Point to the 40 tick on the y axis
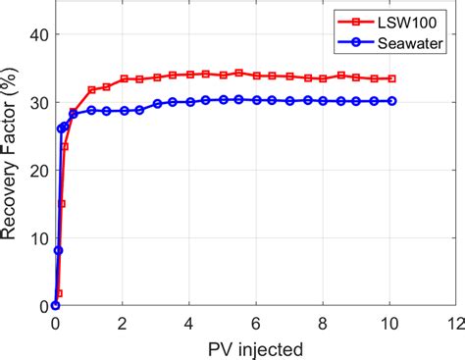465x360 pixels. click(x=35, y=34)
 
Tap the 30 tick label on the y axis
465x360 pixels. click(x=35, y=102)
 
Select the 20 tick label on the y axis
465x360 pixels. click(x=35, y=171)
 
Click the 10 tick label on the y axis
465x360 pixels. click(x=35, y=238)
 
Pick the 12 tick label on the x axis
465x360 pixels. click(x=452, y=322)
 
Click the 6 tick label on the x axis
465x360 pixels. click(x=254, y=322)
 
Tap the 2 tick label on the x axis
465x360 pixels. click(x=123, y=322)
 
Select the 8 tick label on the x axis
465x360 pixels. click(x=321, y=322)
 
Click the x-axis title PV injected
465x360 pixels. click(x=254, y=346)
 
